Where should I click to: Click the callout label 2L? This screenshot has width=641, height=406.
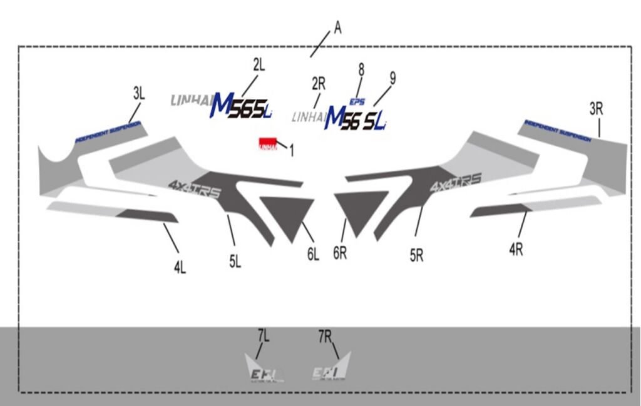pyautogui.click(x=259, y=64)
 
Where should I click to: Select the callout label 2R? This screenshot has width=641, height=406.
pyautogui.click(x=318, y=83)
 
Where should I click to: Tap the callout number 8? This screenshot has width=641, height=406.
pyautogui.click(x=361, y=69)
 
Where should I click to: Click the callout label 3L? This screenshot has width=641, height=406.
pyautogui.click(x=138, y=94)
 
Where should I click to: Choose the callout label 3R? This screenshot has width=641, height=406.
pyautogui.click(x=596, y=108)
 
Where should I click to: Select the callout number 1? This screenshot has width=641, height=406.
pyautogui.click(x=291, y=151)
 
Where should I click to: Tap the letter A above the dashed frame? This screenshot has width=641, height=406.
pyautogui.click(x=338, y=28)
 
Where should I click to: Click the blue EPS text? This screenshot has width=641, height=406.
pyautogui.click(x=357, y=102)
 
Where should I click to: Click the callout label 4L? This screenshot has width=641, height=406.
pyautogui.click(x=180, y=268)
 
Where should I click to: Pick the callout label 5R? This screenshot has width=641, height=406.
pyautogui.click(x=417, y=255)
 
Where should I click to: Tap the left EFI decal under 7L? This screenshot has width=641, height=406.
pyautogui.click(x=264, y=370)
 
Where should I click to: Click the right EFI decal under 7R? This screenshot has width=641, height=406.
pyautogui.click(x=331, y=369)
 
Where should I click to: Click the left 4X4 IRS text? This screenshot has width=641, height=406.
pyautogui.click(x=194, y=188)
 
